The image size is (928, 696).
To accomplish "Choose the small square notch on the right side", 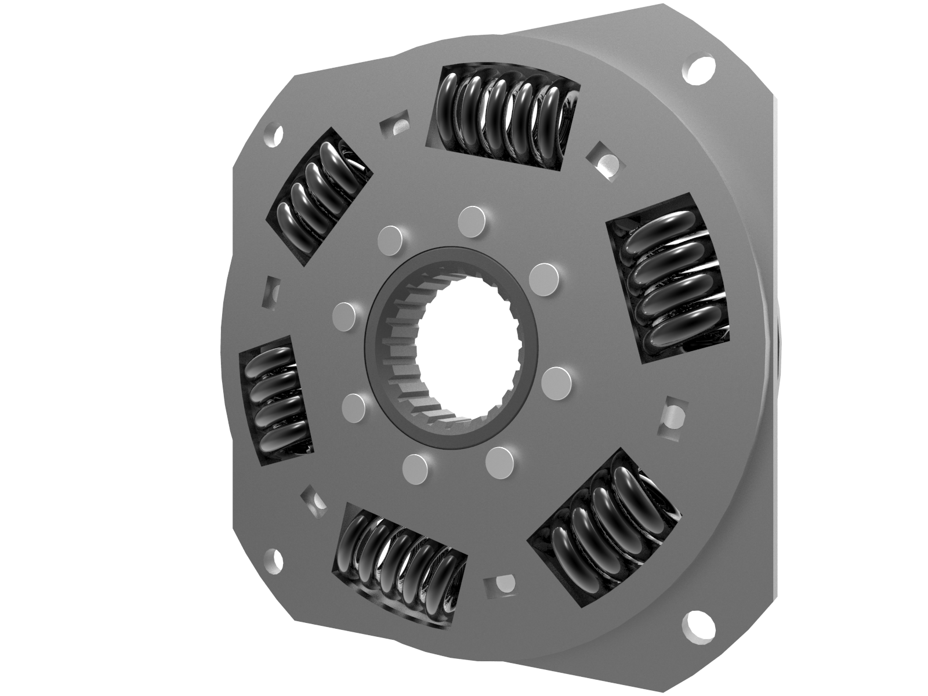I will click(x=672, y=412).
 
